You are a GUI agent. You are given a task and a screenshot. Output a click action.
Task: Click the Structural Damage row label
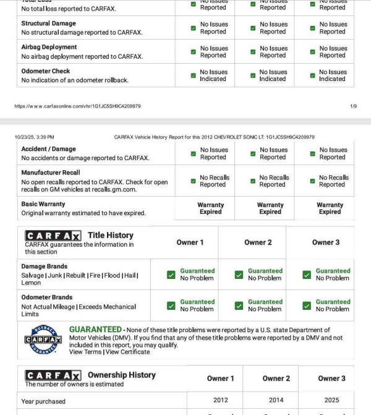pyautogui.click(x=48, y=24)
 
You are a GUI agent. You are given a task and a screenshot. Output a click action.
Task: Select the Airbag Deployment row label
pyautogui.click(x=49, y=47)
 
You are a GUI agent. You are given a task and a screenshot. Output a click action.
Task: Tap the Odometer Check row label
pyautogui.click(x=45, y=71)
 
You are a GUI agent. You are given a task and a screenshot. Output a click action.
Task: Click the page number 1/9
pyautogui.click(x=353, y=106)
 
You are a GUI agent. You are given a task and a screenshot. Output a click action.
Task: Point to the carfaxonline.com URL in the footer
pyautogui.click(x=77, y=106)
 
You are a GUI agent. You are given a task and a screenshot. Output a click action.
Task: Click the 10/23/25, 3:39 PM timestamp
pyautogui.click(x=34, y=137)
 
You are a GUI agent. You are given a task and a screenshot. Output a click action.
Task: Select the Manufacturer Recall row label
pyautogui.click(x=50, y=173)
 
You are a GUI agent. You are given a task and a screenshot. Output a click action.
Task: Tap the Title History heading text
pyautogui.click(x=110, y=235)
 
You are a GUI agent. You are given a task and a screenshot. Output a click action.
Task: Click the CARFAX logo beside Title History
pyautogui.click(x=53, y=236)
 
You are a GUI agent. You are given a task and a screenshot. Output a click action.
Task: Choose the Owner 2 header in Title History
pyautogui.click(x=258, y=242)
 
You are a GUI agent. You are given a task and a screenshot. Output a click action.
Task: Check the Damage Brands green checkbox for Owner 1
pyautogui.click(x=171, y=275)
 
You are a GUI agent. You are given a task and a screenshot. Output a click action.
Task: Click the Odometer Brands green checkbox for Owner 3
pyautogui.click(x=307, y=306)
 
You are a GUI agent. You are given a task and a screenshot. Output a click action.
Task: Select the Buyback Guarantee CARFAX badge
pyautogui.click(x=43, y=339)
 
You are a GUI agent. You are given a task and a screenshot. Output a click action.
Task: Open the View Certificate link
pyautogui.click(x=127, y=352)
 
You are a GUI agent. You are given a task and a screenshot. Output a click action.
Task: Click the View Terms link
pyautogui.click(x=85, y=352)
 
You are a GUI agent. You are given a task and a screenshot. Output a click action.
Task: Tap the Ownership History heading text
pyautogui.click(x=121, y=375)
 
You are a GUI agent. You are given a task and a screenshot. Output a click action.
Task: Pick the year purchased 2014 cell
pyautogui.click(x=276, y=400)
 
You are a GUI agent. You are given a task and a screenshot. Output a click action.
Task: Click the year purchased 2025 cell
pyautogui.click(x=331, y=400)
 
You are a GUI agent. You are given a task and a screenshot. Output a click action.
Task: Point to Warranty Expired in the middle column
pyautogui.click(x=270, y=208)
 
